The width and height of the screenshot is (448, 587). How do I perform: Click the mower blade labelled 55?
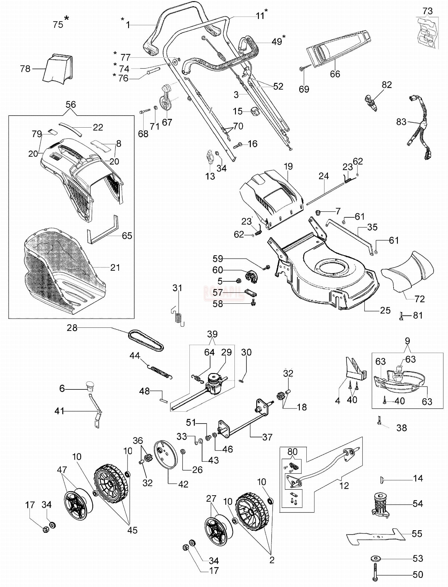[376, 536]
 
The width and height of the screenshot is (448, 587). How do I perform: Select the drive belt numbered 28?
[146, 340]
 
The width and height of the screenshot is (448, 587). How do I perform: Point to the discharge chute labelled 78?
[58, 69]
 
